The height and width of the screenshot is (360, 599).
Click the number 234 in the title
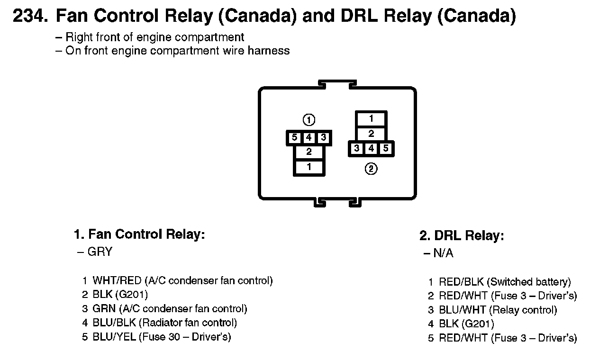pyautogui.click(x=29, y=17)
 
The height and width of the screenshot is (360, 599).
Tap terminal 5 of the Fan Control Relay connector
pyautogui.click(x=294, y=138)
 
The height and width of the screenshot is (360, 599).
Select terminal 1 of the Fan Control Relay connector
pyautogui.click(x=309, y=167)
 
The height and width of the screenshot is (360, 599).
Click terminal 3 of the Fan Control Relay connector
pyautogui.click(x=323, y=138)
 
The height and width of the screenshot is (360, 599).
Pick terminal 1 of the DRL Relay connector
pyautogui.click(x=371, y=118)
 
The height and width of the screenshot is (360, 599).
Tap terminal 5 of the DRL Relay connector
pyautogui.click(x=386, y=149)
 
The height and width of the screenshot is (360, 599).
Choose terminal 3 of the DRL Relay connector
pyautogui.click(x=356, y=149)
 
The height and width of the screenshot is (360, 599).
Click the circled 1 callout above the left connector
pyautogui.click(x=309, y=119)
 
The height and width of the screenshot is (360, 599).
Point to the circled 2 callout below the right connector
pyautogui.click(x=371, y=168)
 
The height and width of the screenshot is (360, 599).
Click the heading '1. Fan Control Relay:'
pyautogui.click(x=139, y=234)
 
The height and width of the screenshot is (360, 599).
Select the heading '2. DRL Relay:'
pyautogui.click(x=462, y=235)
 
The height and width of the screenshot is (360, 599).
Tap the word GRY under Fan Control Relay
pyautogui.click(x=100, y=252)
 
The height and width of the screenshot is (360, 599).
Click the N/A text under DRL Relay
pyautogui.click(x=443, y=253)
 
